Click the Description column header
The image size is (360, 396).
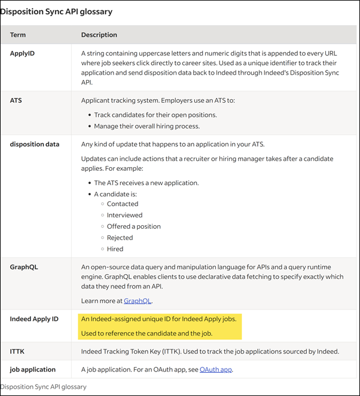click(99, 35)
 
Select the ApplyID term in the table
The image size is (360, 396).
click(23, 53)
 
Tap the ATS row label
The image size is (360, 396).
click(16, 100)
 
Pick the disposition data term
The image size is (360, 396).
click(35, 144)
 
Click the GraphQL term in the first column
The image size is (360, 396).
click(24, 267)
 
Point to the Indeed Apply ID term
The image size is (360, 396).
click(34, 319)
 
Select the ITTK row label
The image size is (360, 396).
click(17, 351)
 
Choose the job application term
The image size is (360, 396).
click(33, 370)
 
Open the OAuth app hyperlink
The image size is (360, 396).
click(216, 370)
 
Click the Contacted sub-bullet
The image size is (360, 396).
click(123, 204)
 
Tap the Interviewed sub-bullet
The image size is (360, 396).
click(124, 215)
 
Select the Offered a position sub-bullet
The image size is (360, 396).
click(134, 226)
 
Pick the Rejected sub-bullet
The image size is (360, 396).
click(120, 238)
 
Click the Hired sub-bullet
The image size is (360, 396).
click(115, 249)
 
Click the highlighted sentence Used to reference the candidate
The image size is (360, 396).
click(147, 333)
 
